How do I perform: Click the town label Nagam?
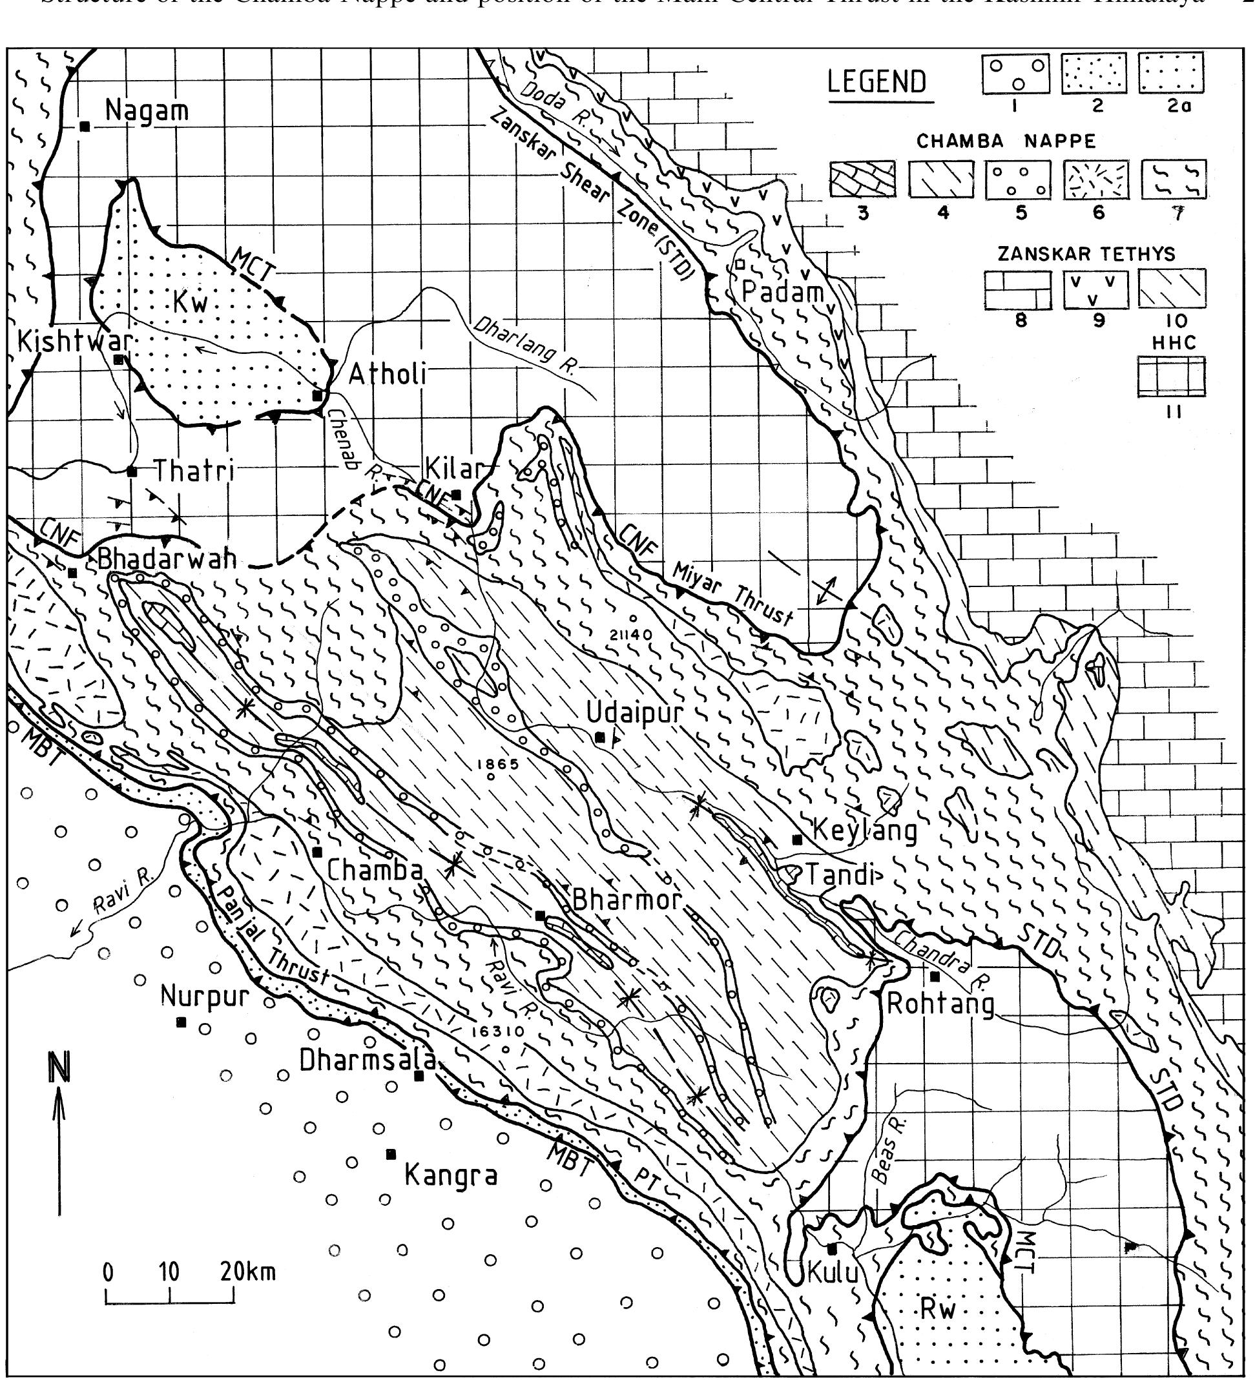click(x=146, y=111)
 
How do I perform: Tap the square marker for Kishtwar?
click(x=118, y=360)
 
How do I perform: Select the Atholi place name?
click(x=388, y=375)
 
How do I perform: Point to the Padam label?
click(x=782, y=292)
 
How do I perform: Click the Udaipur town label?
click(x=634, y=712)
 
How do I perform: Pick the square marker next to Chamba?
click(x=317, y=852)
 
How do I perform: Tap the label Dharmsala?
click(x=368, y=1060)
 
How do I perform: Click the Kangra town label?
click(x=450, y=1176)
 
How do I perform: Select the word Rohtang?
click(x=940, y=1004)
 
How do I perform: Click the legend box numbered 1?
click(x=1015, y=74)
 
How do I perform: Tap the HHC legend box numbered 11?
click(x=1171, y=377)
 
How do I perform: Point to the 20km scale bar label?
click(x=247, y=1272)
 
